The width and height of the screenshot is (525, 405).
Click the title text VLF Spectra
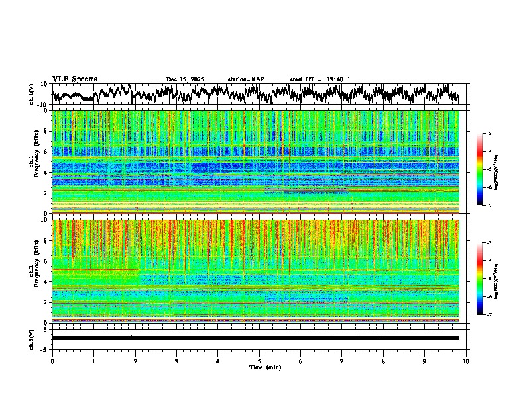click(75, 79)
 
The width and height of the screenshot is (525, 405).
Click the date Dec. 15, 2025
click(185, 79)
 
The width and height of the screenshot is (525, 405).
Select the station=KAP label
click(245, 79)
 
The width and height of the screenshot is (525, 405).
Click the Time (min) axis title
click(264, 367)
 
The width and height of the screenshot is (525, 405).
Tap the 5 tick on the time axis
click(259, 361)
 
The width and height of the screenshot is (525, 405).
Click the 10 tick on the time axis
click(466, 361)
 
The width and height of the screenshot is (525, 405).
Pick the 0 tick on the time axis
click(52, 361)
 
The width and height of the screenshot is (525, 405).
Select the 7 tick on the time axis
click(342, 361)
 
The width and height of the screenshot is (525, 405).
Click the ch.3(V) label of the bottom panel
click(32, 337)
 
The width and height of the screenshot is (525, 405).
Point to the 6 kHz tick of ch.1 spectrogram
click(46, 152)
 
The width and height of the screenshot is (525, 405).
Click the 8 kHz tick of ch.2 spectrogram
click(46, 241)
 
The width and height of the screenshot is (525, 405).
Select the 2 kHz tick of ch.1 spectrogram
click(46, 193)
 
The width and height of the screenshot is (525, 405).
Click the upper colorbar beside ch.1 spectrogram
click(479, 169)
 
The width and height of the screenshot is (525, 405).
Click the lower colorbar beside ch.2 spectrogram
click(479, 279)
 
